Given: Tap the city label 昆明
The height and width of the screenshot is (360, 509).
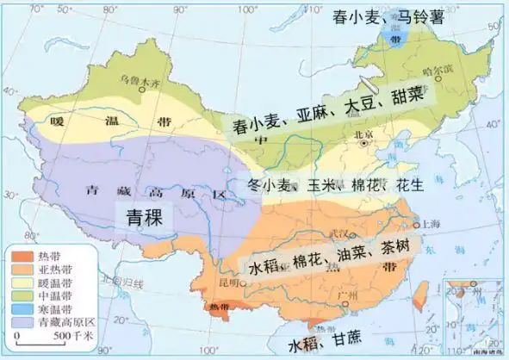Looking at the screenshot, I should (x=228, y=282).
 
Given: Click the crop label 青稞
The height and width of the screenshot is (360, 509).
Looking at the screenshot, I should (x=145, y=215).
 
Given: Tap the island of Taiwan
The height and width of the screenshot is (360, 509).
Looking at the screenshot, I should (x=420, y=294).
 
